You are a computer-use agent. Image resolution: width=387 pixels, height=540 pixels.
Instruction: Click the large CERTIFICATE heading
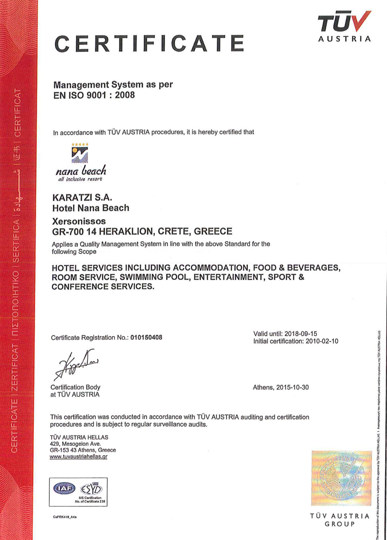point(149,44)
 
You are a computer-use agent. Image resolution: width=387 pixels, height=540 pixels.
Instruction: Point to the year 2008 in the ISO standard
point(125,95)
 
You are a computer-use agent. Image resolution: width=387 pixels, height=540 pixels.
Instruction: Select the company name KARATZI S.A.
point(82,197)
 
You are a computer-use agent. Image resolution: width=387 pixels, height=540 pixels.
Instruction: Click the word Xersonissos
point(79,221)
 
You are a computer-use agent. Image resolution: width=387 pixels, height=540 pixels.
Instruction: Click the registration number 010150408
point(146,337)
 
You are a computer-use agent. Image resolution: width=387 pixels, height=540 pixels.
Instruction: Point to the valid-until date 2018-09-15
point(301,334)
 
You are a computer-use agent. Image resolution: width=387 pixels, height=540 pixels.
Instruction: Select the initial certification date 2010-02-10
point(321,341)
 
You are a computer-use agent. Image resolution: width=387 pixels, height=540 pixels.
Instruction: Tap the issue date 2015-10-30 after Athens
point(292,387)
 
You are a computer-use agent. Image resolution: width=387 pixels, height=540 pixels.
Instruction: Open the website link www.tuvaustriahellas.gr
point(78,457)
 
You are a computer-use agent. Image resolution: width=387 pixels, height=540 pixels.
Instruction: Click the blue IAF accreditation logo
point(64,488)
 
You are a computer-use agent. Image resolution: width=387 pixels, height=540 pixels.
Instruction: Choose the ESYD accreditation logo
point(91,489)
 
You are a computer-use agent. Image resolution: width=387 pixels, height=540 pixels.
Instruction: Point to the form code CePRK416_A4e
point(65,517)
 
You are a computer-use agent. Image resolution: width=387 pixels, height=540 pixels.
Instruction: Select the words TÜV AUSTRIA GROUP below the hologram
point(340,520)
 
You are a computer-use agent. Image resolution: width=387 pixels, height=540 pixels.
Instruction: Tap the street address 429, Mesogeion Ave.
point(75,444)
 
